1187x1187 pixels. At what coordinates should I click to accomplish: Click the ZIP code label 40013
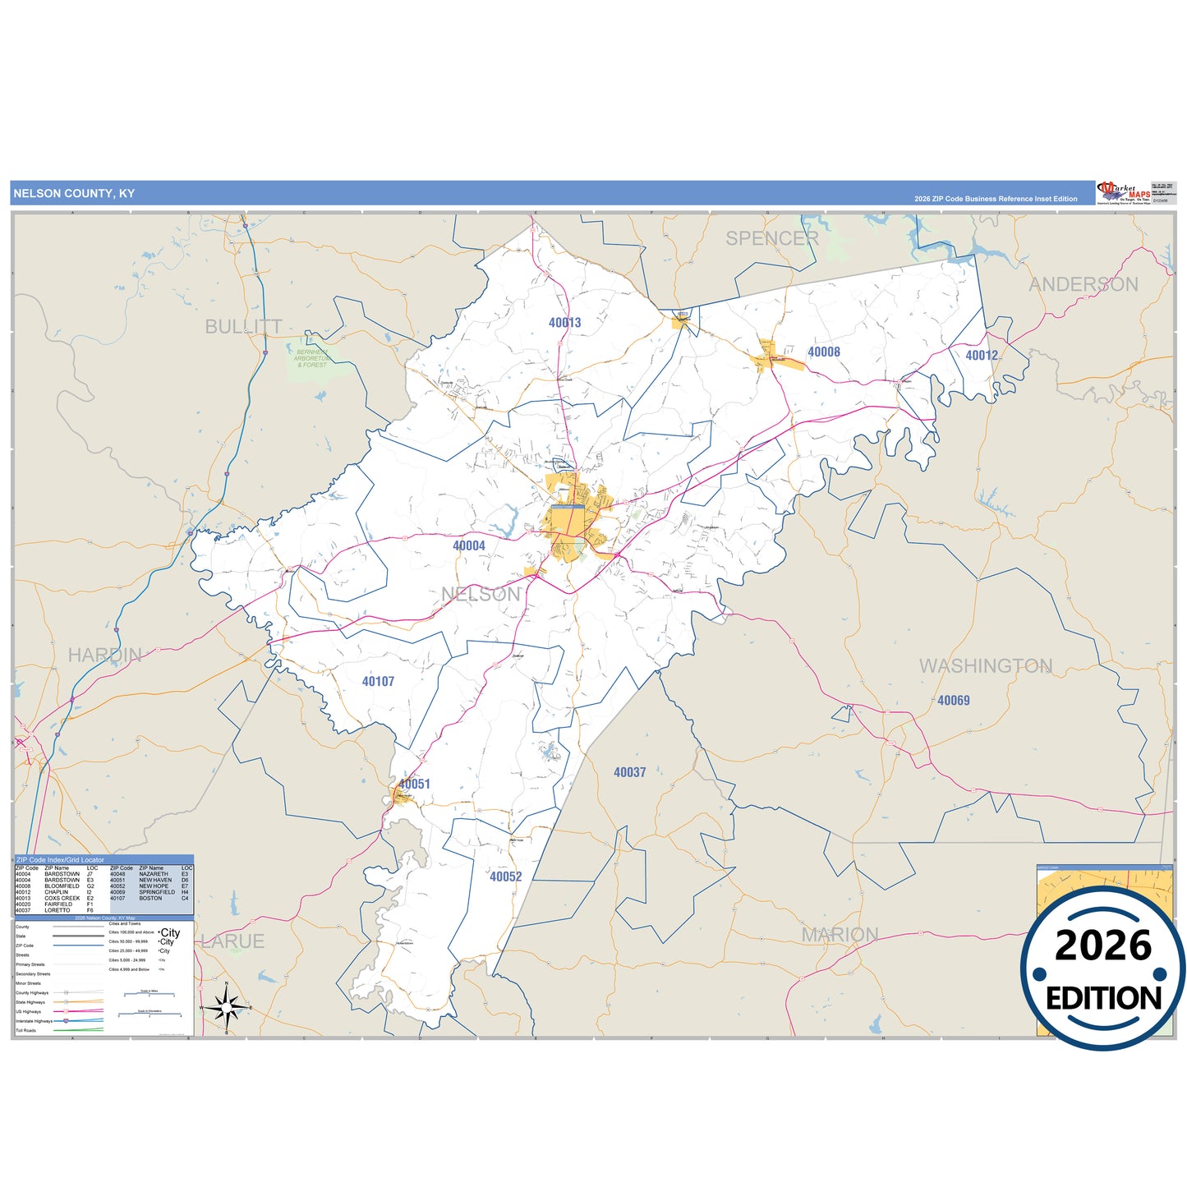564,323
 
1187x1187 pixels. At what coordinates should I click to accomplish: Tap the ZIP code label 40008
823,352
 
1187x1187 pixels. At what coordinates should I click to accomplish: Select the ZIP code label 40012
981,356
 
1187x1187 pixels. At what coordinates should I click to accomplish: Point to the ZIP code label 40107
378,681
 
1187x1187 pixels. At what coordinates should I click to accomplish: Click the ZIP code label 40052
505,876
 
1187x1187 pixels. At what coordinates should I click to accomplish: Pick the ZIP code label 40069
953,701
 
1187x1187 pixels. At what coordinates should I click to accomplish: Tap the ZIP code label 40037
629,772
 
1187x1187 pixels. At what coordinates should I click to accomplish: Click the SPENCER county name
771,238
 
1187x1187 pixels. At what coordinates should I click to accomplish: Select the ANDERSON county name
1083,284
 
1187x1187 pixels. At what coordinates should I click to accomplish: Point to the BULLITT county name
243,327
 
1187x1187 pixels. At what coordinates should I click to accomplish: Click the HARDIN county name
104,655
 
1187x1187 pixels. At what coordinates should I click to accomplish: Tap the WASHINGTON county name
985,665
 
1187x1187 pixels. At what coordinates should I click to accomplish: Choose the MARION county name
840,935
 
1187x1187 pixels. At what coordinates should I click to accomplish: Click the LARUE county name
233,941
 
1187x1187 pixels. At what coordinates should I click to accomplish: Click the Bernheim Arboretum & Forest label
311,358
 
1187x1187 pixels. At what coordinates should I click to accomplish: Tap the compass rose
226,1007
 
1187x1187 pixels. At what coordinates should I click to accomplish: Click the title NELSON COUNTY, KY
74,194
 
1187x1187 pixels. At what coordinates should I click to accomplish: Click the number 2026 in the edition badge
1102,945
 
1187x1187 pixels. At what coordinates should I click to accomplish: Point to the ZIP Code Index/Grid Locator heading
60,859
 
